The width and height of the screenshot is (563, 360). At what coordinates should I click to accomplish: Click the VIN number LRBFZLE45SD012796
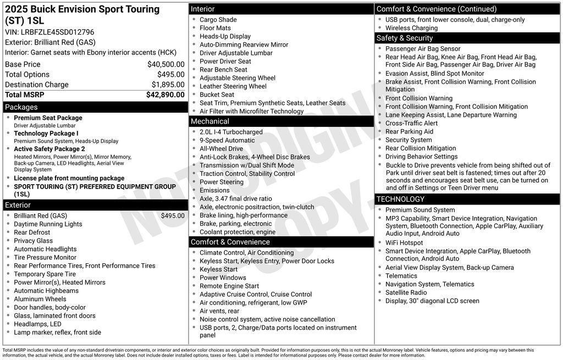pos(57,32)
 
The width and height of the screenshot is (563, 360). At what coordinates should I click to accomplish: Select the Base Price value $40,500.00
pos(165,64)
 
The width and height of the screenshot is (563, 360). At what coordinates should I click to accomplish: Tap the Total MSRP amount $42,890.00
pos(165,95)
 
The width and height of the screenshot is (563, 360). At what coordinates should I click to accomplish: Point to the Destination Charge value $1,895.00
pos(168,85)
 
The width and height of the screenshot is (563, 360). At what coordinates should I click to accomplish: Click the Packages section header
pos(21,107)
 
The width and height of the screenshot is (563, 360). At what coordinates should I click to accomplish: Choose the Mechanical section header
pos(210,121)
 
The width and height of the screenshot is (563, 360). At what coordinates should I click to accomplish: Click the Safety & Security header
pos(405,38)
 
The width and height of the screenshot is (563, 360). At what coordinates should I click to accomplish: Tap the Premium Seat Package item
pos(48,118)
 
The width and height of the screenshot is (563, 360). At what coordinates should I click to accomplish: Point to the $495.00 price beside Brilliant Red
pos(173,215)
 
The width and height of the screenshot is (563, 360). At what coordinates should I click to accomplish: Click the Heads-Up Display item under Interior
pos(225,36)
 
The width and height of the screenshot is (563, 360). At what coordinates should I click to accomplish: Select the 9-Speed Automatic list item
pos(227,140)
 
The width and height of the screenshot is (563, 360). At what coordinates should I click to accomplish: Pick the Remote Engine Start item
pos(229,286)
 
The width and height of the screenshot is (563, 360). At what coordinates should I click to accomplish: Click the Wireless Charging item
pos(411,28)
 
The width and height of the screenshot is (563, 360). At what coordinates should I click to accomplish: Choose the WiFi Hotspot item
pos(404,243)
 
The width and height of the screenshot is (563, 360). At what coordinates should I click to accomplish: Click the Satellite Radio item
pos(406,292)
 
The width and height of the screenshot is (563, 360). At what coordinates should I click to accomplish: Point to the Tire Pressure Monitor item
pos(45,257)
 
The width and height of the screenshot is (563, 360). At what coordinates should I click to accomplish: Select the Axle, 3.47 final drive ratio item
pos(235,198)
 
